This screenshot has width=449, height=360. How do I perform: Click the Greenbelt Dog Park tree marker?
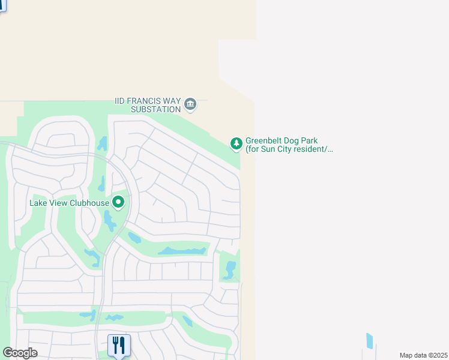tap(237, 143)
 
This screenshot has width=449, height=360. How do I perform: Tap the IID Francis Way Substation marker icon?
tap(190, 104)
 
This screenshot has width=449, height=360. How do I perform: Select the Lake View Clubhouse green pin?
tap(118, 203)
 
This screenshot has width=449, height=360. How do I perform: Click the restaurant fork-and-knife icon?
tap(119, 345)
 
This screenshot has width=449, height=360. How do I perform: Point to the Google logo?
tap(20, 353)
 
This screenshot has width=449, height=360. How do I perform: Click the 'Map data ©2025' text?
tap(423, 355)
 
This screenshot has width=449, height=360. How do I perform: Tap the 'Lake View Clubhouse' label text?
tap(70, 203)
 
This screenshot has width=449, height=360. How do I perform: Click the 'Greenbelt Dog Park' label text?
tap(283, 141)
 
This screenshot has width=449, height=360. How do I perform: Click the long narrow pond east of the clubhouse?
tap(182, 250)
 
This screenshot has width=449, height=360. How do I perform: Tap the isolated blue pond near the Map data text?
tap(369, 341)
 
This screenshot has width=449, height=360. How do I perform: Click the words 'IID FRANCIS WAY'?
tap(148, 101)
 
